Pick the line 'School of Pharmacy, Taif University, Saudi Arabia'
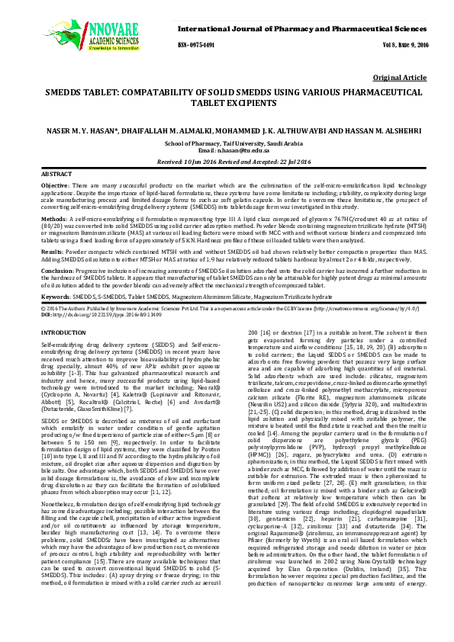[x=227, y=143]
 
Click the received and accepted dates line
[x=227, y=162]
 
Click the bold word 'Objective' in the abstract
[x=55, y=186]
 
